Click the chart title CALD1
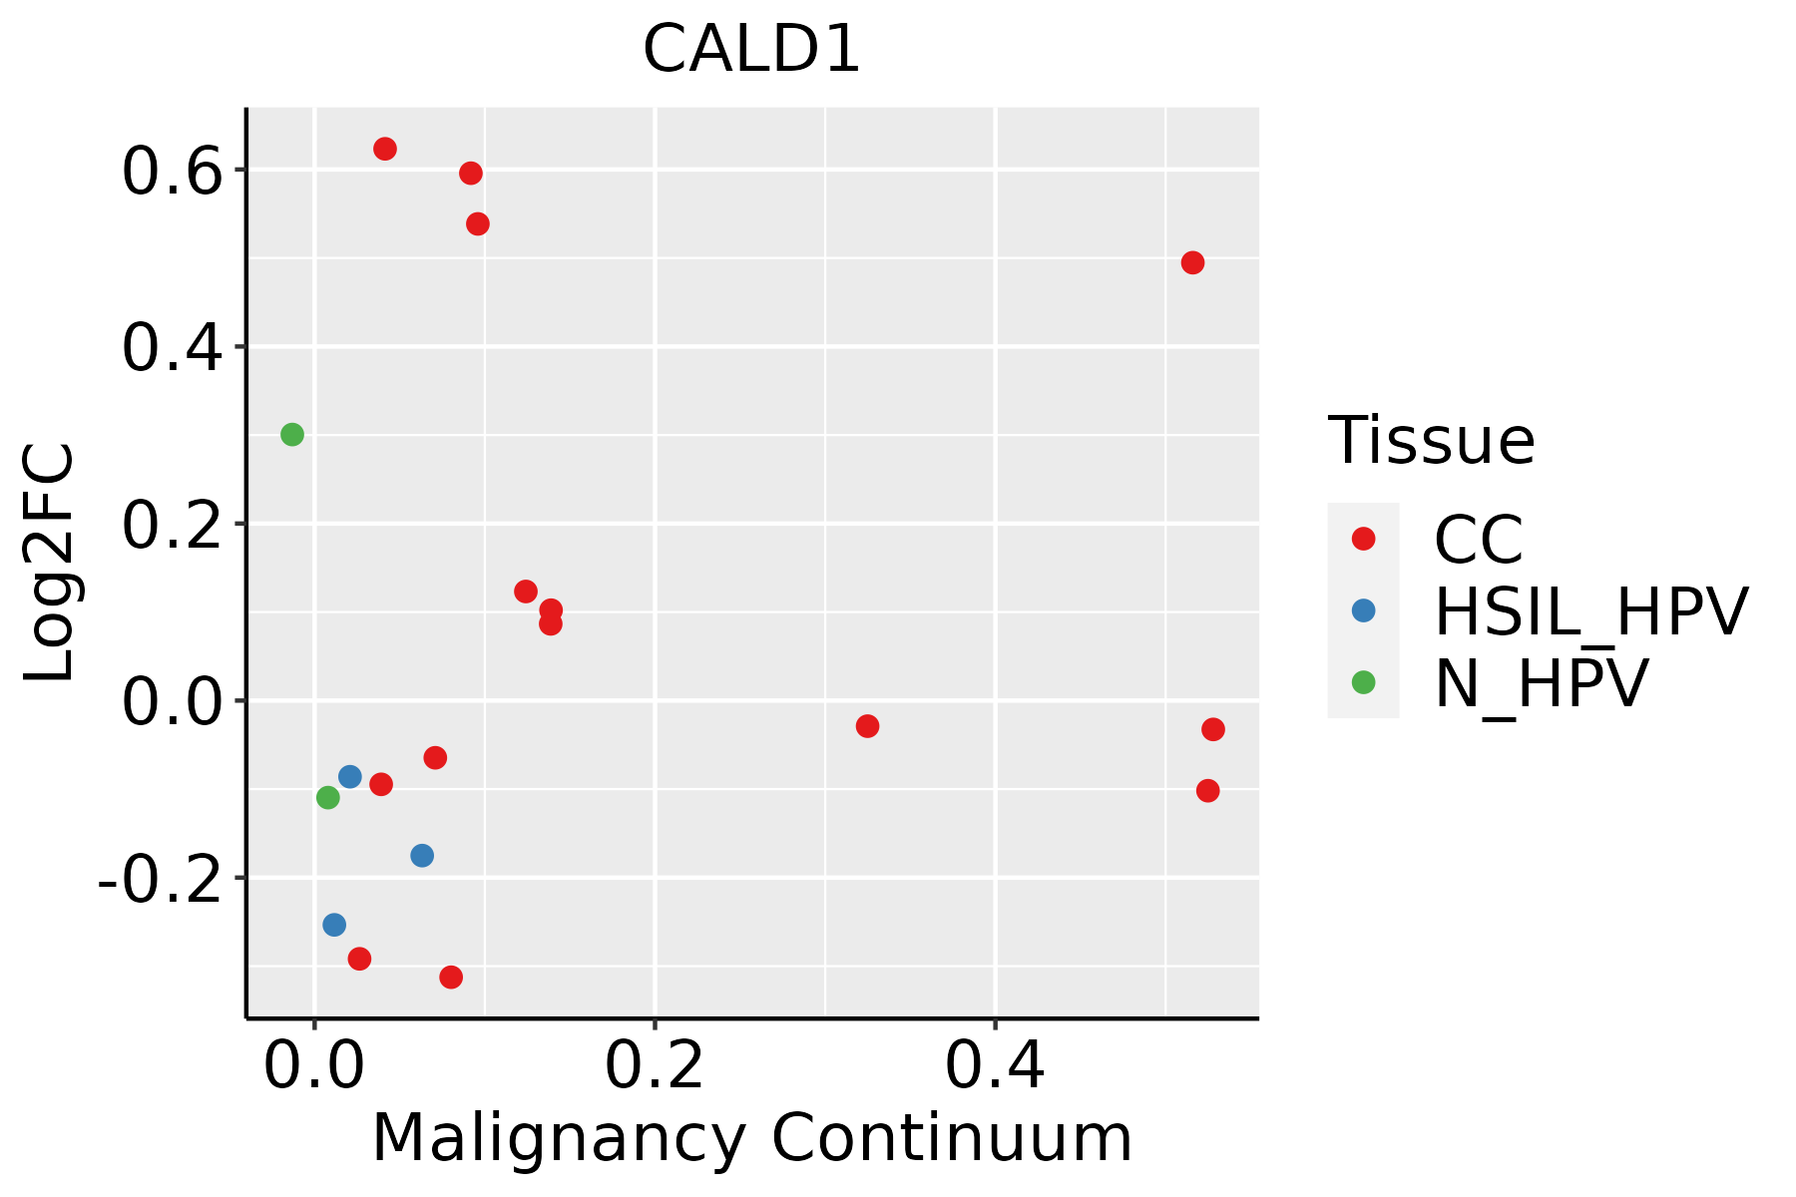[x=751, y=50]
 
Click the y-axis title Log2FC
[x=50, y=563]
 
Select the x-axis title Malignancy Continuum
[x=751, y=1138]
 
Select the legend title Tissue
[x=1431, y=440]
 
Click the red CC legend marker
[x=1363, y=539]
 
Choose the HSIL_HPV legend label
[x=1590, y=611]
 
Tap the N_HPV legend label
[x=1541, y=683]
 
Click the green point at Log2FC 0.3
[x=292, y=434]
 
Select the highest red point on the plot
[x=385, y=149]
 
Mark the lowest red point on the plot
[x=451, y=977]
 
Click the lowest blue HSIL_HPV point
[x=334, y=925]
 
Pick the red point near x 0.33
[x=867, y=726]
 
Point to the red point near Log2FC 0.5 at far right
[x=1192, y=262]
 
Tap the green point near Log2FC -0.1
[x=328, y=797]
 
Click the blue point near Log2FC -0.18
[x=422, y=856]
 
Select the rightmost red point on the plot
[x=1213, y=729]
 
